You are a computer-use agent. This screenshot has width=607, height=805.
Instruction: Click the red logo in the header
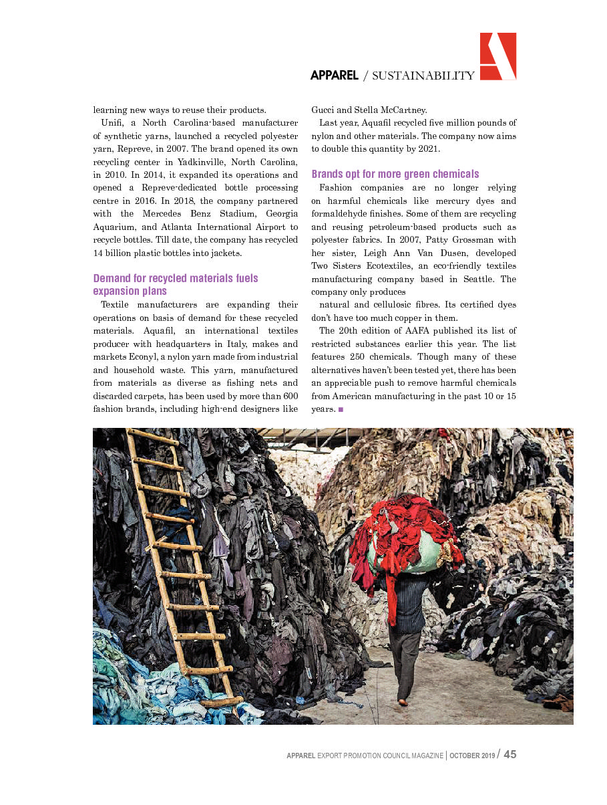[498, 56]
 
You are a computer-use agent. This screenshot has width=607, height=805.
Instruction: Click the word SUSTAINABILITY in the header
[423, 76]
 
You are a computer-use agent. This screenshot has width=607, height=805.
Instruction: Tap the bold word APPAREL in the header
[334, 76]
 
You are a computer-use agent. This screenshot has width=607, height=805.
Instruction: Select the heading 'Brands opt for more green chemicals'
[395, 174]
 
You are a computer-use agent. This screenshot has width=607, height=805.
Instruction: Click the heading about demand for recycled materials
[175, 284]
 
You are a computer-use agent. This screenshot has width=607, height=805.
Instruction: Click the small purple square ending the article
[341, 409]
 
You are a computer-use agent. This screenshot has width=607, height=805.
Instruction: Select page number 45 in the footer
[510, 754]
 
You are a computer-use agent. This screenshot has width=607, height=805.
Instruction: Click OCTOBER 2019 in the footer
[472, 756]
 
